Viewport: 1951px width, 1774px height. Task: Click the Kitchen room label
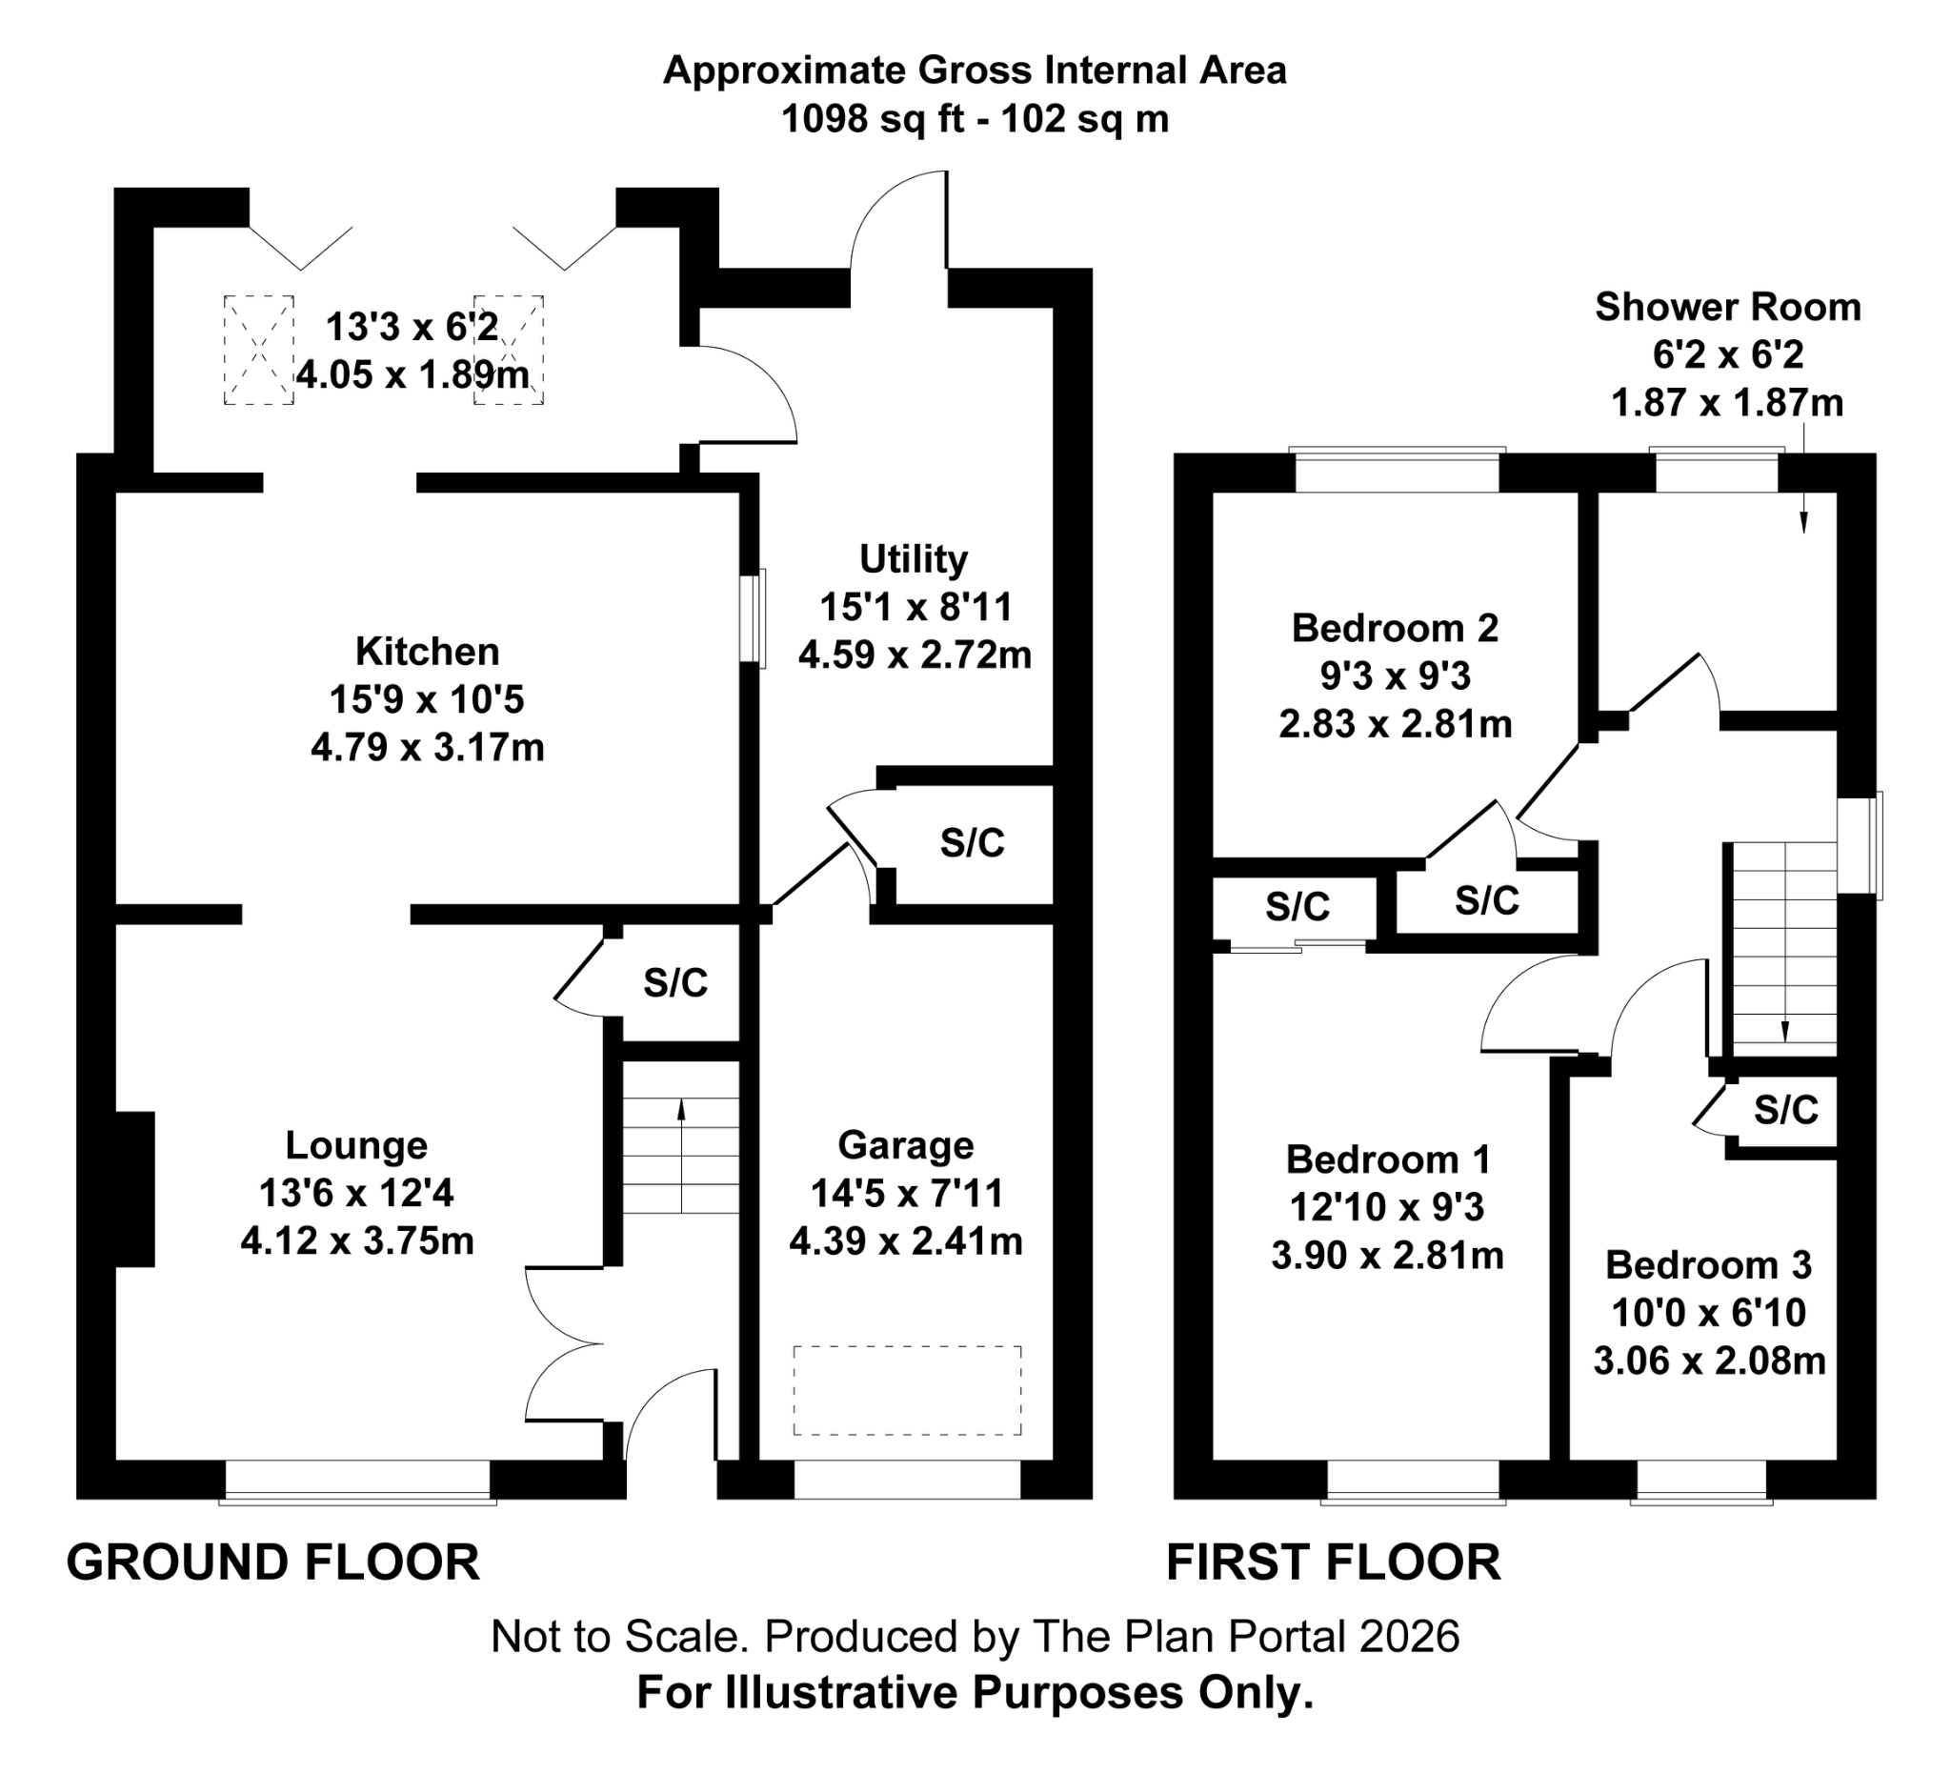[x=427, y=652]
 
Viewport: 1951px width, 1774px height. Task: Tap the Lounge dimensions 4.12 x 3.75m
[x=357, y=1240]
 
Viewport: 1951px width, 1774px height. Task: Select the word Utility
[x=914, y=559]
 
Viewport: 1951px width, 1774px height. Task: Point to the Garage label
[x=906, y=1145]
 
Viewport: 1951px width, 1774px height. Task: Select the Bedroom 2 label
[x=1395, y=628]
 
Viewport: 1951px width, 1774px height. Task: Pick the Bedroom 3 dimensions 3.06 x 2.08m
[x=1709, y=1361]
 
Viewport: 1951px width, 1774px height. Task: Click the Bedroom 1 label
[x=1388, y=1159]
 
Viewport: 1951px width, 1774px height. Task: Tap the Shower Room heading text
[x=1727, y=307]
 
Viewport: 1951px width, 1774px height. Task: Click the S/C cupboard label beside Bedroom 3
[x=1785, y=1109]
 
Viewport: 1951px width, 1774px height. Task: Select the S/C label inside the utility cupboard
[x=972, y=843]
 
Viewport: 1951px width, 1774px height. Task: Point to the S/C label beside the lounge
[x=675, y=983]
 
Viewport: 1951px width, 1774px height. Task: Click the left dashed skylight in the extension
[x=258, y=350]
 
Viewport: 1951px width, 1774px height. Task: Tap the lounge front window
[x=357, y=1481]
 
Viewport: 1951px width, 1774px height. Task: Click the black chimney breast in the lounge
[x=134, y=1188]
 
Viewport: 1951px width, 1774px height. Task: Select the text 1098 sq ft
[x=872, y=119]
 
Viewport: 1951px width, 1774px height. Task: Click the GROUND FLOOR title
[x=272, y=1563]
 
